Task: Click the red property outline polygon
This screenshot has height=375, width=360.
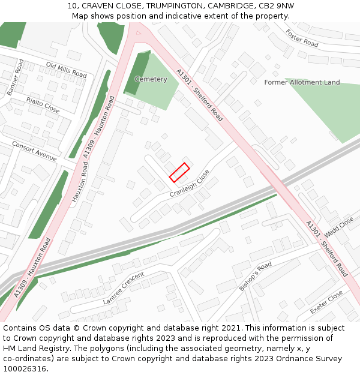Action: [x=179, y=172]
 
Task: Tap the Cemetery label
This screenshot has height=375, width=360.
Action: [x=151, y=79]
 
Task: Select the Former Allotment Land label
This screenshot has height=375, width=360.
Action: [x=302, y=82]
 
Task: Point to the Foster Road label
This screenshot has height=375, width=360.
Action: [x=302, y=39]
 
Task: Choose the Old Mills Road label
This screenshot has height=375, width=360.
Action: [x=66, y=70]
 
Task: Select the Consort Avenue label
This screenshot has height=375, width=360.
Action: [x=34, y=151]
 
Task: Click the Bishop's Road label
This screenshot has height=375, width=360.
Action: [x=256, y=276]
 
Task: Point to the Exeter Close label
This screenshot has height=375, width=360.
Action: [x=326, y=302]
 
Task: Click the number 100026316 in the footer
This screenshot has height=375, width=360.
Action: [x=25, y=368]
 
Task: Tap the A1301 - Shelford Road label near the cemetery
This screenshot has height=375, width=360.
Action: [x=199, y=95]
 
